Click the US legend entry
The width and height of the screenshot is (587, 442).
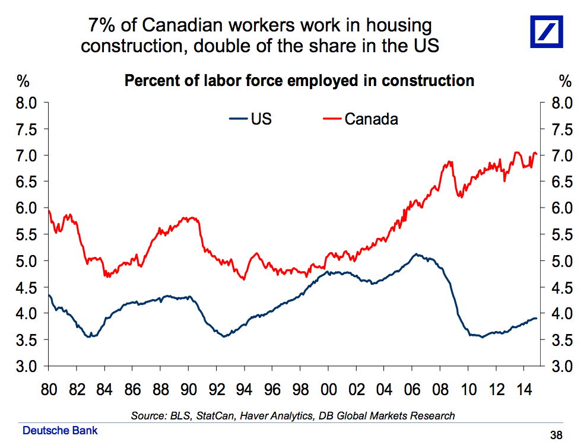tap(250, 119)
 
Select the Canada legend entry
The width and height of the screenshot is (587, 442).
tap(360, 119)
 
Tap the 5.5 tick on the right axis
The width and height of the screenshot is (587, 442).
tap(561, 234)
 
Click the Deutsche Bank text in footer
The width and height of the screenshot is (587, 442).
tap(60, 430)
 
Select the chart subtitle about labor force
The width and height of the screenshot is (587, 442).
tap(299, 81)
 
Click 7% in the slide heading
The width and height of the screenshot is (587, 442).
tap(101, 26)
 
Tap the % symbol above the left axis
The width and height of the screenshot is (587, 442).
tap(23, 81)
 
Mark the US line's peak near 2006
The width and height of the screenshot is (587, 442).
tap(417, 255)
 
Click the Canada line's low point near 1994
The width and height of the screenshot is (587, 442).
tap(244, 279)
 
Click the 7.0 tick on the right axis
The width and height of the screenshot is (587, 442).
tap(561, 155)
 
